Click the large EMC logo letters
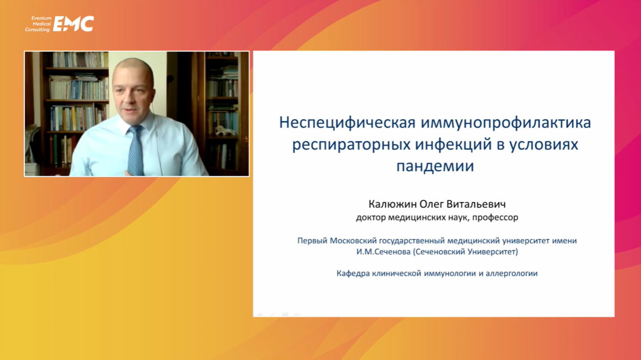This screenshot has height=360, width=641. (x=73, y=24)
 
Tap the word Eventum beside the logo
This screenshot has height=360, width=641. (x=41, y=18)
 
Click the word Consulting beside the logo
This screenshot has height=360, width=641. (x=37, y=30)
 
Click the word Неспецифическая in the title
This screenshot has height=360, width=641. (x=347, y=123)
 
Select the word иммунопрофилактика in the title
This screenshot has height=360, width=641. (x=506, y=123)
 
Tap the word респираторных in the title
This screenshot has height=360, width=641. (x=351, y=145)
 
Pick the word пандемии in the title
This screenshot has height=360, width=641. (x=435, y=166)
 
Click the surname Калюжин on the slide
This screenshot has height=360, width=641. (x=392, y=204)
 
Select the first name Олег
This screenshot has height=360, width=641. (x=431, y=204)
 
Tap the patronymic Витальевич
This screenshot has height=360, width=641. (x=476, y=204)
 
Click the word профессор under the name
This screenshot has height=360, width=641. (x=495, y=218)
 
